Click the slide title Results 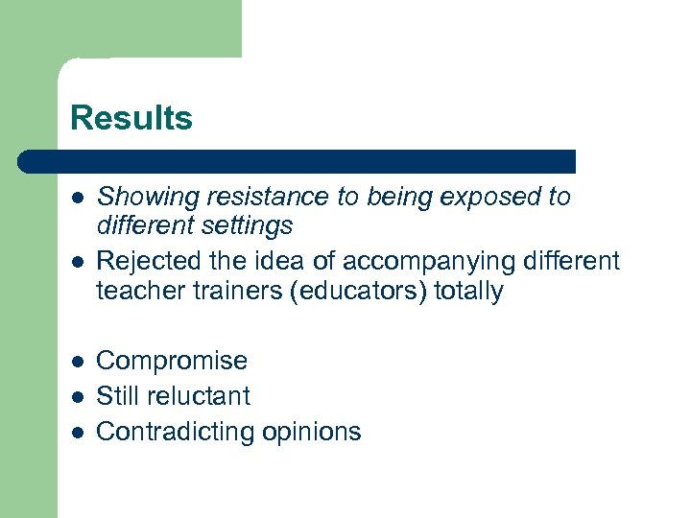131,119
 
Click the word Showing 137,198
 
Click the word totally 468,292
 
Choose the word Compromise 172,361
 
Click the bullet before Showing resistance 77,199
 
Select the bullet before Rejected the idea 77,262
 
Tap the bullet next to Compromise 77,362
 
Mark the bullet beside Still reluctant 77,397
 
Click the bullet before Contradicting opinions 77,433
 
